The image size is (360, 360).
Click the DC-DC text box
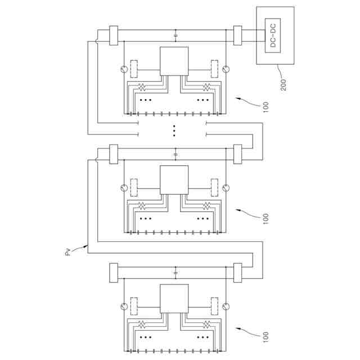(272, 34)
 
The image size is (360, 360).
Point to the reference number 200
(282, 84)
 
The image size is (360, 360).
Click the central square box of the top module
(174, 61)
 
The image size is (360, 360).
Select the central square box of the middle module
(174, 180)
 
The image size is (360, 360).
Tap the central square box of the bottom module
(174, 299)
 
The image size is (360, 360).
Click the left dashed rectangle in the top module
(133, 68)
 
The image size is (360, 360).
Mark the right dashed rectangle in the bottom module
(214, 307)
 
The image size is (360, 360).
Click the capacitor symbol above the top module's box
(176, 35)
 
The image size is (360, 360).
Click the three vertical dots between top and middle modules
(174, 130)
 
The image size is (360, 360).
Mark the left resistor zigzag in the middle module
(142, 205)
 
